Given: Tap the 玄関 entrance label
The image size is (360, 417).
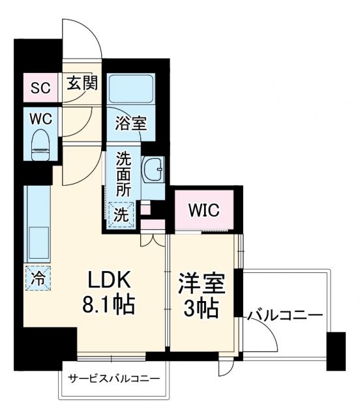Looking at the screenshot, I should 82,83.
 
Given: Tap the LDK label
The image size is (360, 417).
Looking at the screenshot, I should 111,281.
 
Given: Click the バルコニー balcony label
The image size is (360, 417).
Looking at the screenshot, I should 284,316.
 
